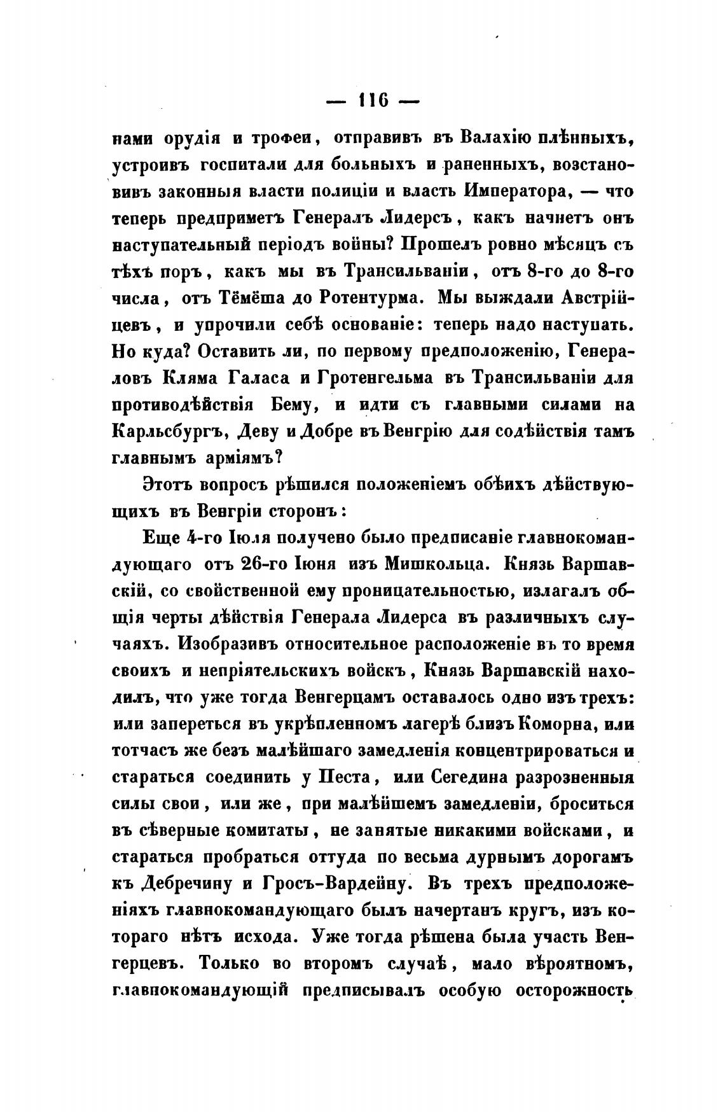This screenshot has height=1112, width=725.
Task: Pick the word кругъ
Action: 524,911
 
